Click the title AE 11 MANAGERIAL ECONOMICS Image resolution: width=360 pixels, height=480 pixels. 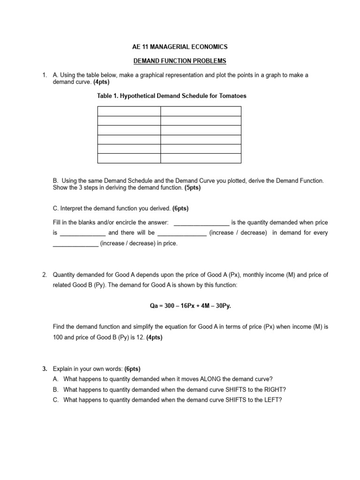point(180,47)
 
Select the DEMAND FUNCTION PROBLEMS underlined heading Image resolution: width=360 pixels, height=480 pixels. point(180,61)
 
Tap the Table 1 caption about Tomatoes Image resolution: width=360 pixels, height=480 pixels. point(172,96)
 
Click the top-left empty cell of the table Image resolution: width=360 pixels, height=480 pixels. point(129,111)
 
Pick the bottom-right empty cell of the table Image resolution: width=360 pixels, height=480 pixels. point(201,158)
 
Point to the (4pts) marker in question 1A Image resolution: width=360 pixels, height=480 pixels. point(99,82)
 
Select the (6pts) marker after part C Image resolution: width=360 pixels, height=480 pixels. point(180,208)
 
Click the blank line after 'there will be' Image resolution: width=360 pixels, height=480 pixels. point(182,233)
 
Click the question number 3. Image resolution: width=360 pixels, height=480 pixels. point(45,369)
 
